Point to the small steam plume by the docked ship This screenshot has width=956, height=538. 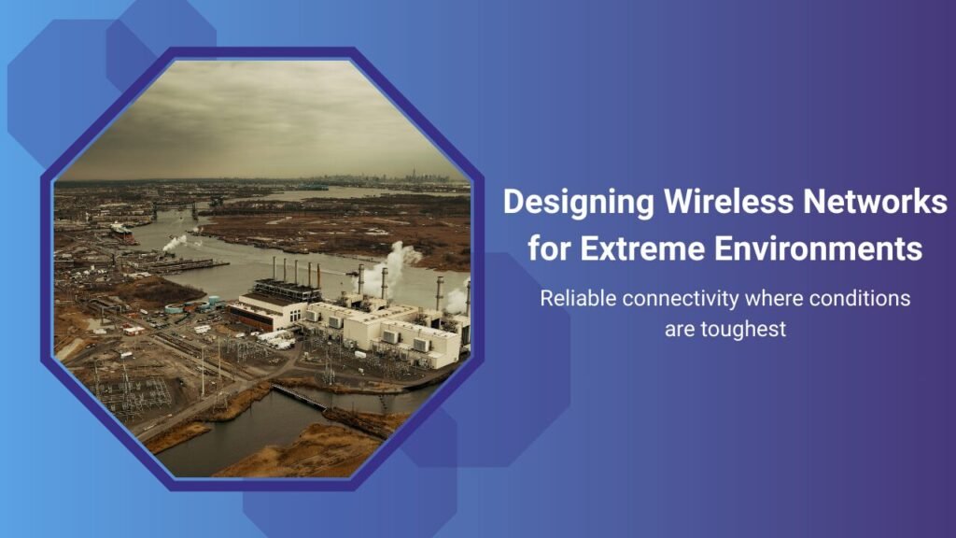click(175, 242)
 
